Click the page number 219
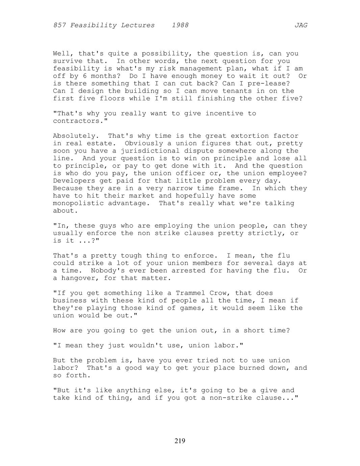pos(180,441)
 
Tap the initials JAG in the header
pos(301,25)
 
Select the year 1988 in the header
pos(180,25)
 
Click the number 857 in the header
pos(59,25)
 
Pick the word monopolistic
pos(78,203)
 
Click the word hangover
pos(78,278)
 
